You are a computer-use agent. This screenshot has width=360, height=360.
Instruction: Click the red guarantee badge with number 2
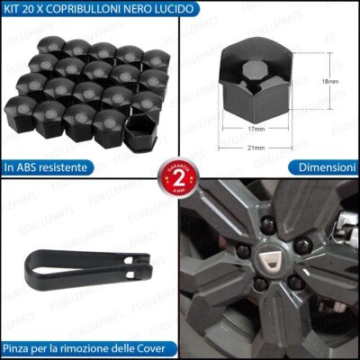179,178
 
